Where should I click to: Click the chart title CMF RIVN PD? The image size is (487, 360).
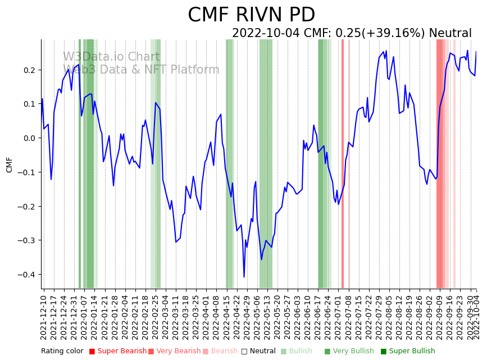[251, 15]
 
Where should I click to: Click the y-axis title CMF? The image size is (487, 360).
[9, 165]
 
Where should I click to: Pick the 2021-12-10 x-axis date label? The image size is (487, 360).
[44, 316]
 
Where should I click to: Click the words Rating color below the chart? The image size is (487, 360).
[62, 352]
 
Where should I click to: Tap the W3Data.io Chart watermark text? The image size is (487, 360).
[111, 57]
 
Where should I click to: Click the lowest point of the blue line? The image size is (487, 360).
[244, 277]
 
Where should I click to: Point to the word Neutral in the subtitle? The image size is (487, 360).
[450, 34]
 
